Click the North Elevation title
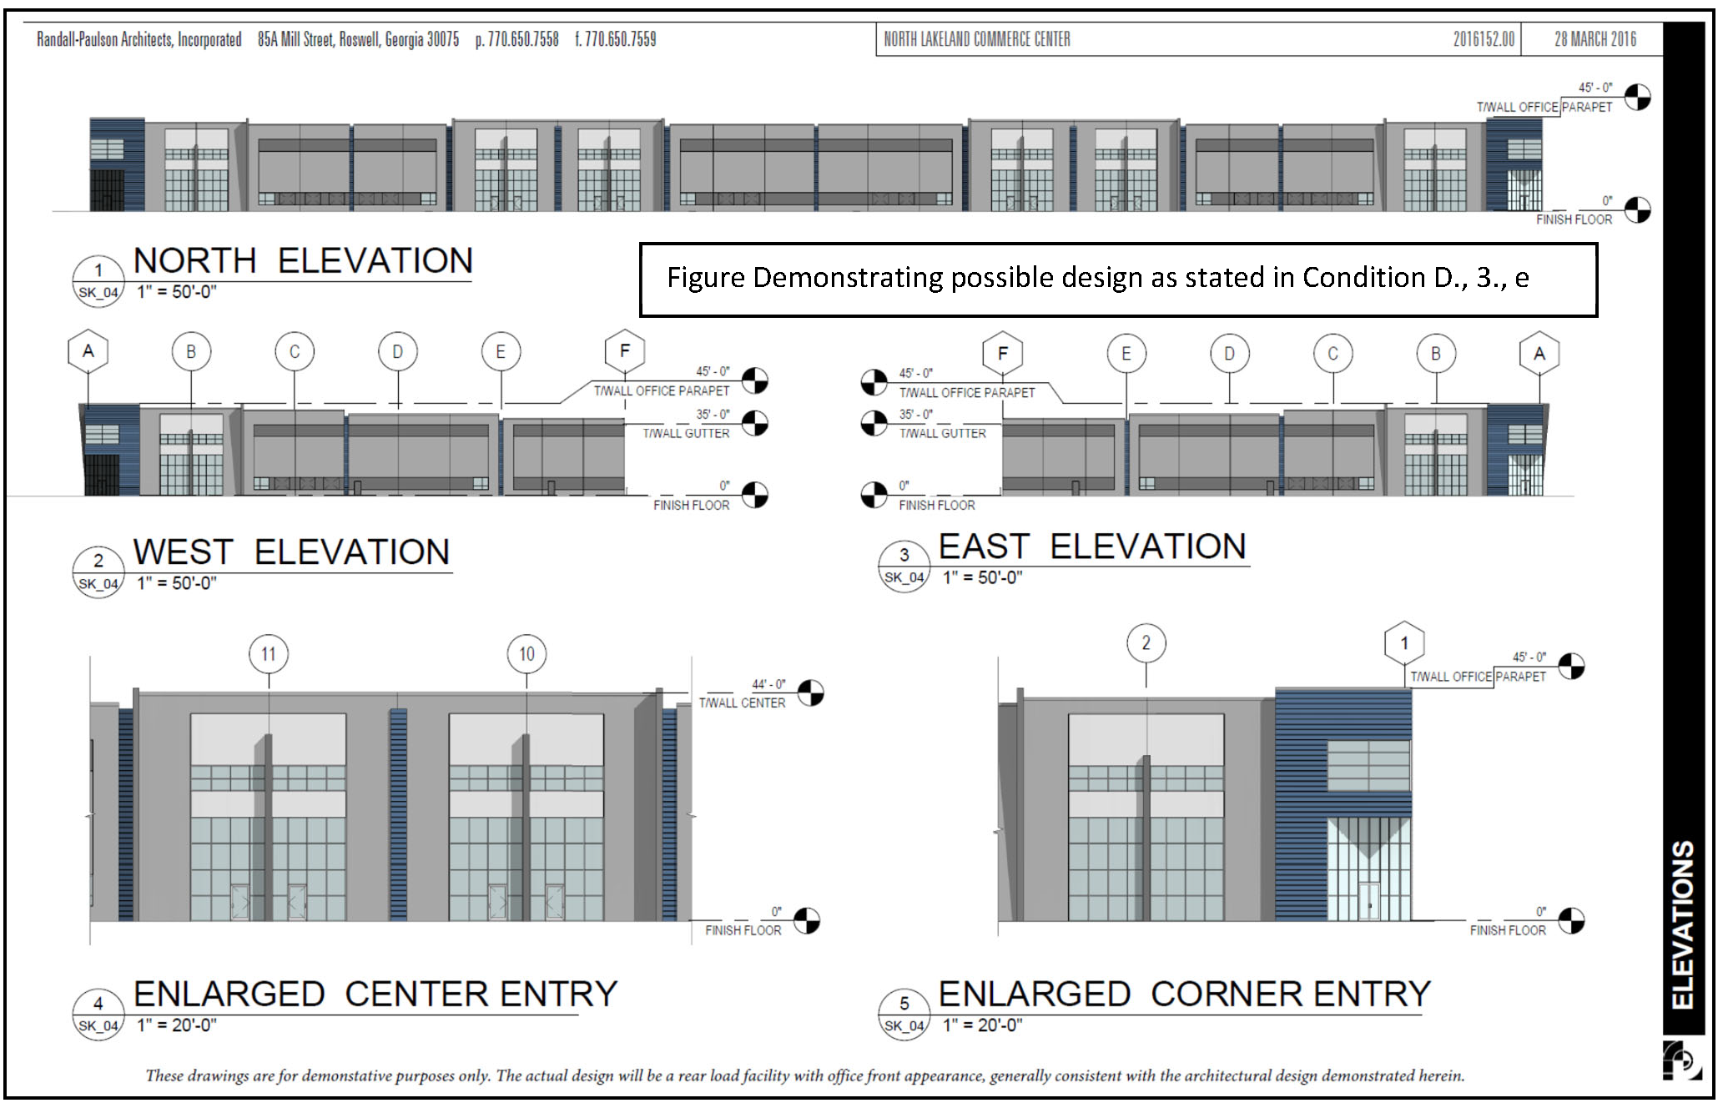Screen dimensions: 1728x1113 click(x=303, y=261)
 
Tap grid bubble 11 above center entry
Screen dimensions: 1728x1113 click(x=269, y=654)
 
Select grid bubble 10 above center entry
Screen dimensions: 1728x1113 click(x=526, y=654)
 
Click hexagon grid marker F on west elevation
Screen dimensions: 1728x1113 click(x=625, y=352)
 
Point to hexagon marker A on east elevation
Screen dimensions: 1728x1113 click(x=1539, y=354)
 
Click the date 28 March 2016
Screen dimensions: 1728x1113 click(x=1594, y=39)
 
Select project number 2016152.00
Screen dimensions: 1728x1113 click(x=1484, y=39)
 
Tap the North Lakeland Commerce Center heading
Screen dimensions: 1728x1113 click(x=977, y=39)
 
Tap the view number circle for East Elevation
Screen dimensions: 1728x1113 click(x=904, y=567)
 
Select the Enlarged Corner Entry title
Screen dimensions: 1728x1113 click(x=1185, y=995)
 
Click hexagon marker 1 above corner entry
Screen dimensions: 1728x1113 click(x=1404, y=643)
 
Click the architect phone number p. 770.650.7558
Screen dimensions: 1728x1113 click(x=517, y=39)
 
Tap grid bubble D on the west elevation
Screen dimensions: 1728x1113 click(x=397, y=352)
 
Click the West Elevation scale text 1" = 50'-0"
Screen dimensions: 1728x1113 click(x=177, y=583)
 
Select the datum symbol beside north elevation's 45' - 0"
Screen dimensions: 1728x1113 click(x=1638, y=97)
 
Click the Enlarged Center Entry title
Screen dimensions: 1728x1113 click(x=375, y=995)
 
